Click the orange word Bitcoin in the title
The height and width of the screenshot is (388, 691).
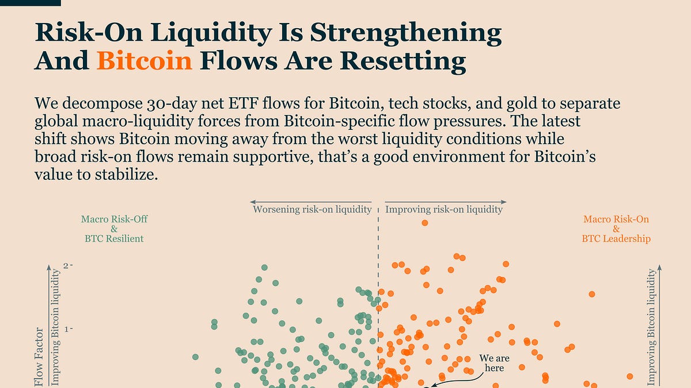(145, 60)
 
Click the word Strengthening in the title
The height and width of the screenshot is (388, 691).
(407, 33)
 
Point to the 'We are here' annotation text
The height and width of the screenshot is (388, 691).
(494, 363)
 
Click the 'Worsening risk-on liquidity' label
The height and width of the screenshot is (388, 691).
(312, 209)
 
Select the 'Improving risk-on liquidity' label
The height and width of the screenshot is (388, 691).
(443, 209)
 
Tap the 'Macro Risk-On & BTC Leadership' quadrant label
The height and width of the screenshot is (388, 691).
(616, 229)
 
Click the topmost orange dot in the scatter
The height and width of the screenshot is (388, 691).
(425, 222)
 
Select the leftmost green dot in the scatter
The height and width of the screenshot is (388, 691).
(195, 357)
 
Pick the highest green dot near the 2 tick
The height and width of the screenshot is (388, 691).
(264, 267)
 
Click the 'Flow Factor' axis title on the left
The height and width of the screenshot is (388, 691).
(39, 356)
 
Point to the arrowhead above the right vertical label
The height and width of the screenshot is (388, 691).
(660, 268)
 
